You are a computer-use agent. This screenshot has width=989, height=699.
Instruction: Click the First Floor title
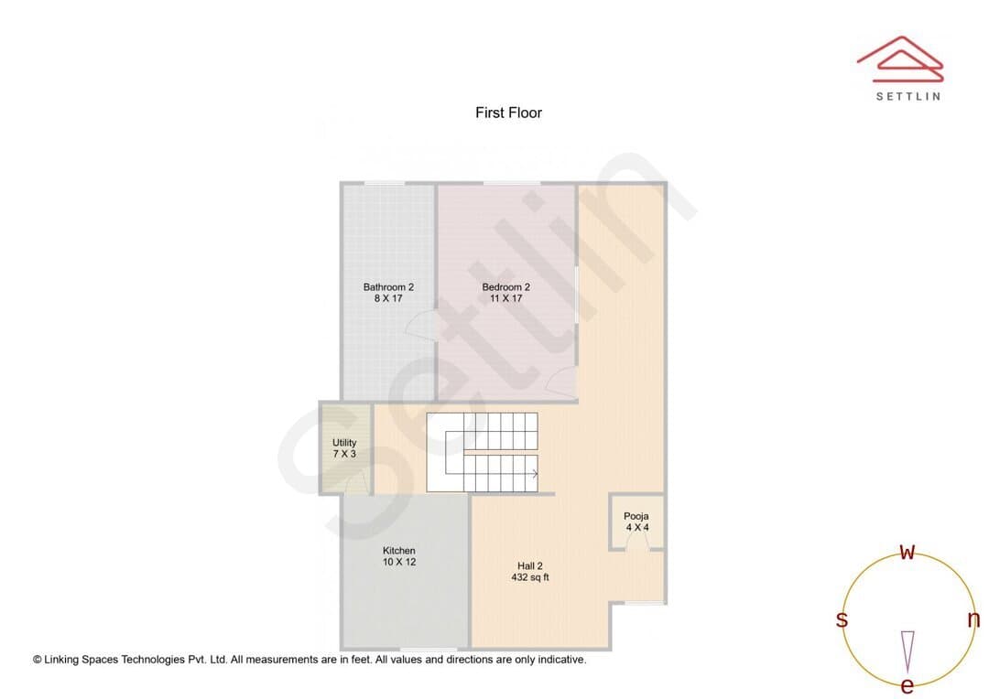pyautogui.click(x=508, y=113)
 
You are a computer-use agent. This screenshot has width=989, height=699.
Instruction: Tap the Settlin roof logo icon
pyautogui.click(x=900, y=59)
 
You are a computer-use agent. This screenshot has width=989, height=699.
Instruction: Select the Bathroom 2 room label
pyautogui.click(x=388, y=286)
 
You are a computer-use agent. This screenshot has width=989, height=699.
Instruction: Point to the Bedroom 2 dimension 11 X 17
pyautogui.click(x=505, y=298)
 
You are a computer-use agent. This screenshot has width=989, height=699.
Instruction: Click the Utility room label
pyautogui.click(x=344, y=443)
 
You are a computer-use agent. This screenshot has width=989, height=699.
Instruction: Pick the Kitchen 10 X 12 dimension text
pyautogui.click(x=399, y=562)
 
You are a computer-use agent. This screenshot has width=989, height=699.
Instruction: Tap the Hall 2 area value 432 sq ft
pyautogui.click(x=530, y=576)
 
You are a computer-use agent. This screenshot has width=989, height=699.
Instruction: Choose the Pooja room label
pyautogui.click(x=636, y=516)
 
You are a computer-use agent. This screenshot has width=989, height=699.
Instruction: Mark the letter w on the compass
pyautogui.click(x=907, y=552)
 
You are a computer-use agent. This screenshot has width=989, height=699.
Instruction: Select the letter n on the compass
pyautogui.click(x=973, y=619)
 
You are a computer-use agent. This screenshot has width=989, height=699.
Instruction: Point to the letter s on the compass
pyautogui.click(x=842, y=619)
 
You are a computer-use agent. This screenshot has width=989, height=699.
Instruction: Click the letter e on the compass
pyautogui.click(x=907, y=685)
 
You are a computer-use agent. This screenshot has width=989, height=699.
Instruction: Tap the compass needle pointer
pyautogui.click(x=907, y=651)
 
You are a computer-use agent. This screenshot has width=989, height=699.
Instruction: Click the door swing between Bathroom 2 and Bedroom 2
pyautogui.click(x=420, y=324)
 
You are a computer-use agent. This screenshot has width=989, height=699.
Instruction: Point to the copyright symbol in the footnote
pyautogui.click(x=38, y=660)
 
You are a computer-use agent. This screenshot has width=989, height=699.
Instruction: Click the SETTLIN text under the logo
pyautogui.click(x=907, y=96)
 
